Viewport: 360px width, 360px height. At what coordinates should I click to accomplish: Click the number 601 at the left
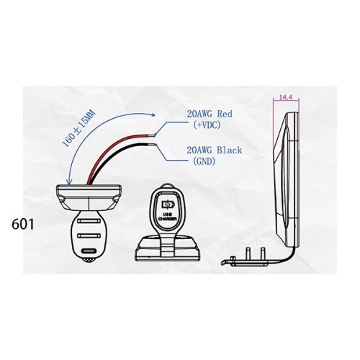tap(23, 225)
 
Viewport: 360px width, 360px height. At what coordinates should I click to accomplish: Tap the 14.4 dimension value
tap(286, 97)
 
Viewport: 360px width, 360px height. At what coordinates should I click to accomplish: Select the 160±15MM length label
tap(78, 129)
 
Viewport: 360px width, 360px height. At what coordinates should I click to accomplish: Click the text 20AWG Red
tap(210, 114)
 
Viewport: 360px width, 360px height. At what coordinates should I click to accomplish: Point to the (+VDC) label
tap(207, 125)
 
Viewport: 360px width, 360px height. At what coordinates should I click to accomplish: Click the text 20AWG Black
tap(215, 150)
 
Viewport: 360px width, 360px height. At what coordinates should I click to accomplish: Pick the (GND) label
tap(204, 161)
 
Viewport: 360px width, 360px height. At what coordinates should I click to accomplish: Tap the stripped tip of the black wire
tap(152, 145)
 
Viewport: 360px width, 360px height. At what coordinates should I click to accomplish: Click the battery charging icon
tap(168, 204)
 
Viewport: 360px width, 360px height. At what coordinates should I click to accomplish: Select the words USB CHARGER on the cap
tap(168, 217)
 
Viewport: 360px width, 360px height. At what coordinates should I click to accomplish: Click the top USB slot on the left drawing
tap(89, 221)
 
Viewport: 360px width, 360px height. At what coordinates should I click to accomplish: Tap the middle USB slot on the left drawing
tap(89, 235)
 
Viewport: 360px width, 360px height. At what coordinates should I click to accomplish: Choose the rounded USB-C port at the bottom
tap(89, 251)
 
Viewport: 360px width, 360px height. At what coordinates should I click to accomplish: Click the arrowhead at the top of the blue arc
tap(153, 115)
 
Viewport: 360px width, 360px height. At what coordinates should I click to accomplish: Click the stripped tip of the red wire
tap(152, 135)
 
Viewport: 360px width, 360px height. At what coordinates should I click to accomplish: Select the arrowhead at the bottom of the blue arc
tap(69, 182)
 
